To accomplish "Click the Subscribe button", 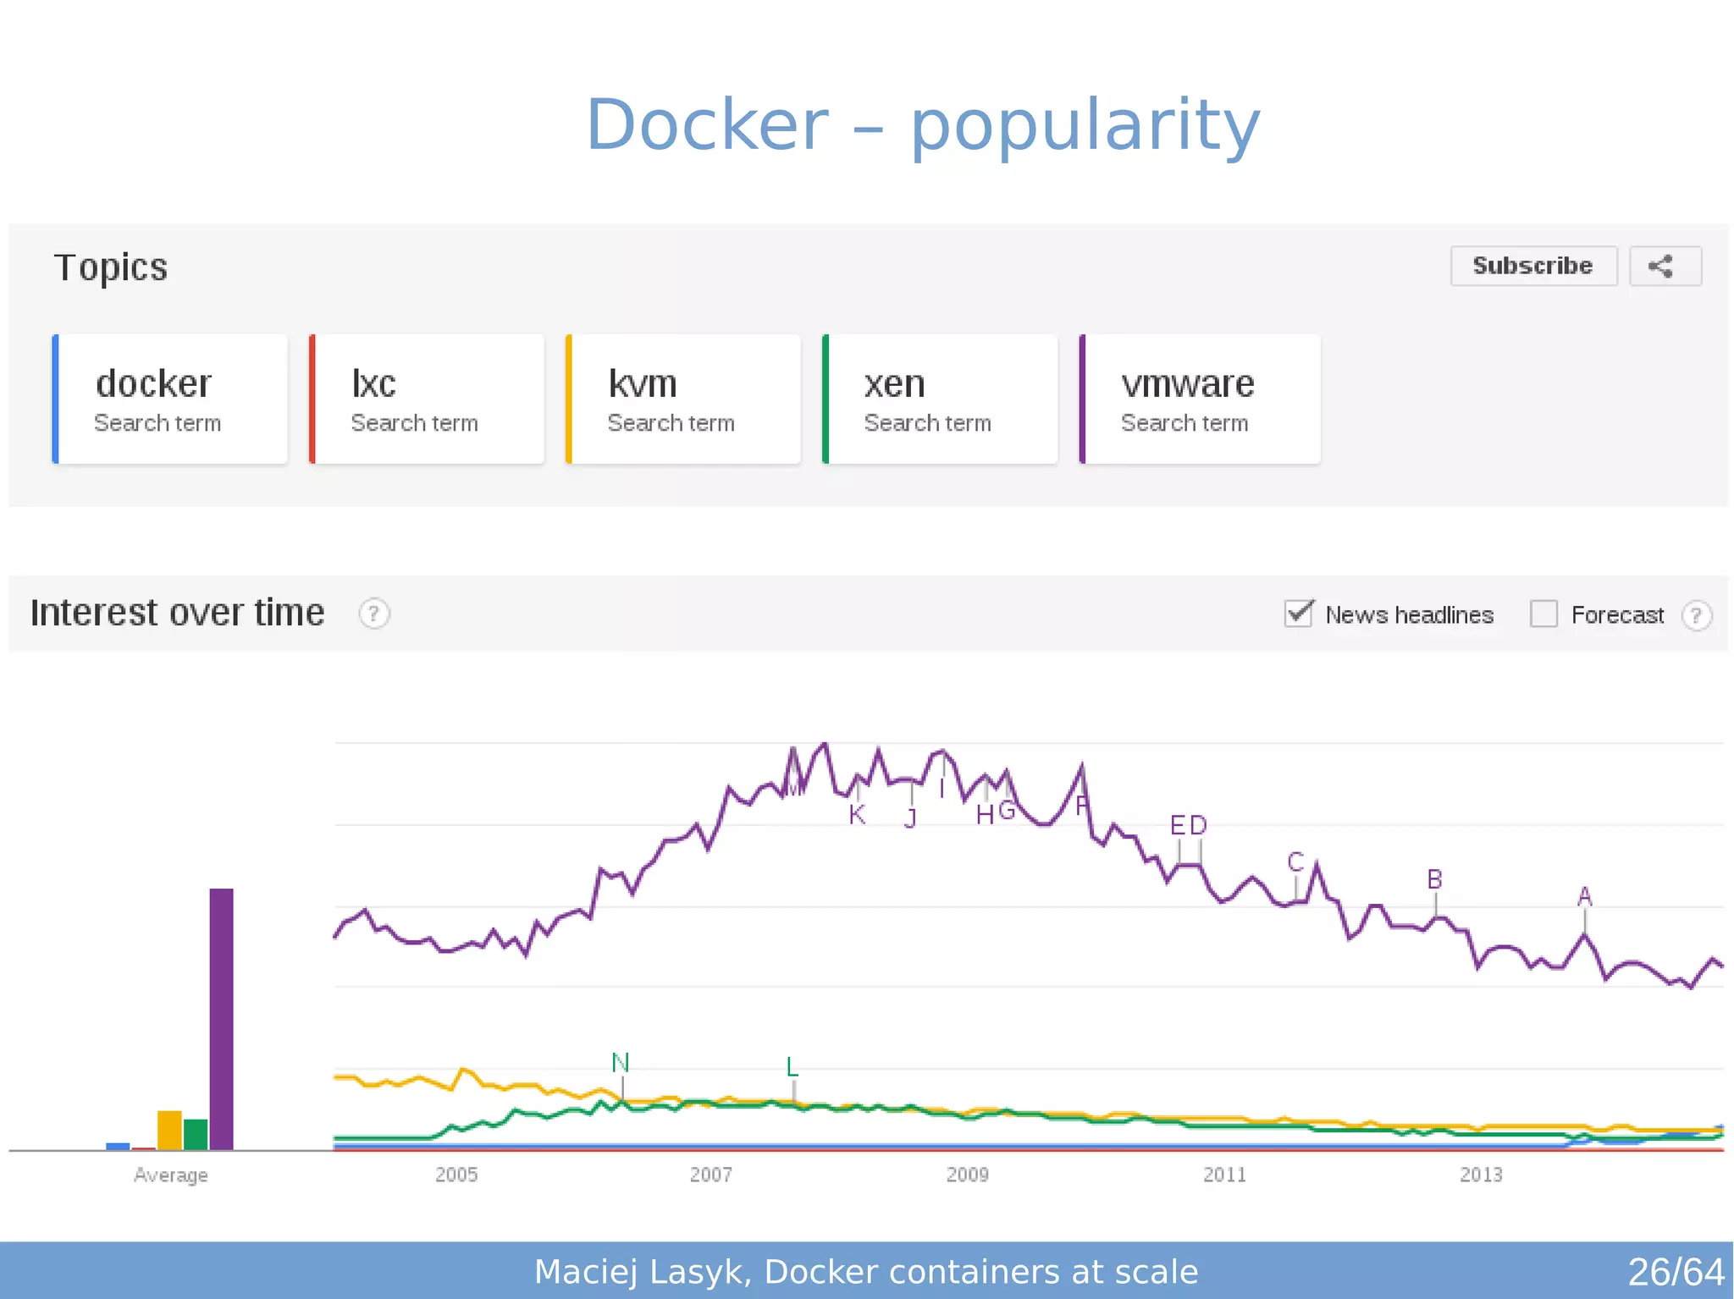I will [x=1532, y=266].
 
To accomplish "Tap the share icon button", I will [x=1665, y=266].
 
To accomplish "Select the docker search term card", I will [x=170, y=399].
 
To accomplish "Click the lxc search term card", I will [x=427, y=399].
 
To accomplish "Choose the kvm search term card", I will [x=683, y=399].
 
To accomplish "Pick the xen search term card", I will [x=940, y=399].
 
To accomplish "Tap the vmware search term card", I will [x=1199, y=399].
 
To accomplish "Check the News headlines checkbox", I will [x=1298, y=614].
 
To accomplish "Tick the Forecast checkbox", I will [x=1543, y=614].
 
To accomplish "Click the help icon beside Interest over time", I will [x=373, y=614].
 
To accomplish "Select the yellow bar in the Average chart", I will [x=169, y=1130].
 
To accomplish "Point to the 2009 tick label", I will [x=967, y=1175].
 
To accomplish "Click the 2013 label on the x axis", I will [x=1480, y=1175].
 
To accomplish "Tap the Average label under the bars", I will [x=170, y=1175].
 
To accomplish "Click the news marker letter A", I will [x=1585, y=896].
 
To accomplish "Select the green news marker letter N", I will [x=621, y=1062].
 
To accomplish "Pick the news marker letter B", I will [x=1434, y=879].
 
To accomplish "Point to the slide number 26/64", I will [x=1675, y=1272].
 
